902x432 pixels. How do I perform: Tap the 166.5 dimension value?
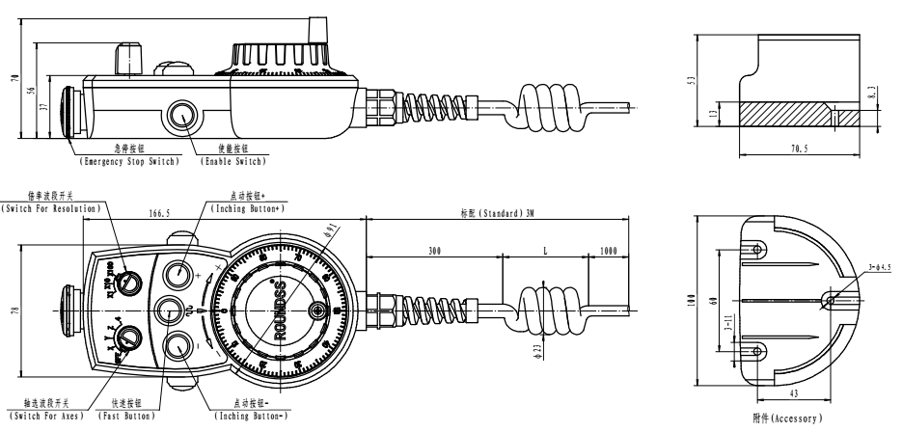point(155,213)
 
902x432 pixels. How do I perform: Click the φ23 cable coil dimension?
point(513,348)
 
